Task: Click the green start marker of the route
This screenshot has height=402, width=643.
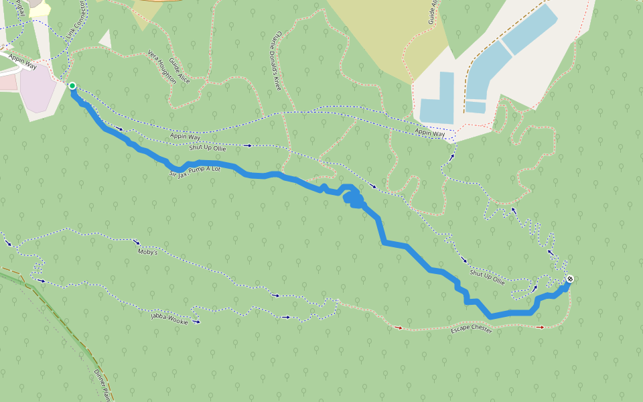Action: click(x=72, y=86)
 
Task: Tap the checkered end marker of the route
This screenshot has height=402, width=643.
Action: click(x=569, y=279)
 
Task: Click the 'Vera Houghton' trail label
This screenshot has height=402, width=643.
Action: click(x=162, y=67)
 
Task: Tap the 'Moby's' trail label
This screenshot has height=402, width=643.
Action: click(x=147, y=253)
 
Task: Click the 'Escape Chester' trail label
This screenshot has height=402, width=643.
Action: click(x=471, y=330)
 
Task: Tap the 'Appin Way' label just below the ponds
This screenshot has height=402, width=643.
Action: click(x=429, y=133)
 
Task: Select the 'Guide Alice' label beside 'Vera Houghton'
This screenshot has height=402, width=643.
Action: click(x=180, y=70)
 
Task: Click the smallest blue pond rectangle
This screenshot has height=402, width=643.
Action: click(x=476, y=107)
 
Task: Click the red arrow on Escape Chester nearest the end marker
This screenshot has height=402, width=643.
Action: click(x=540, y=327)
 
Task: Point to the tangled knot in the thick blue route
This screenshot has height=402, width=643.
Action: click(x=354, y=199)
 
